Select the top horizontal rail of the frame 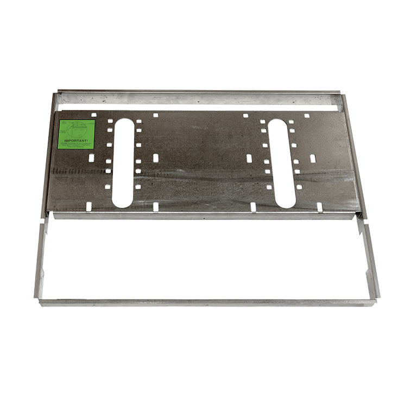click(201, 92)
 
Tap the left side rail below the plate click(41, 255)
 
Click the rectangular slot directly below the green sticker click(91, 157)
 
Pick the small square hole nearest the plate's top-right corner click(307, 116)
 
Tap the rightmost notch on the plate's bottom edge click(319, 207)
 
